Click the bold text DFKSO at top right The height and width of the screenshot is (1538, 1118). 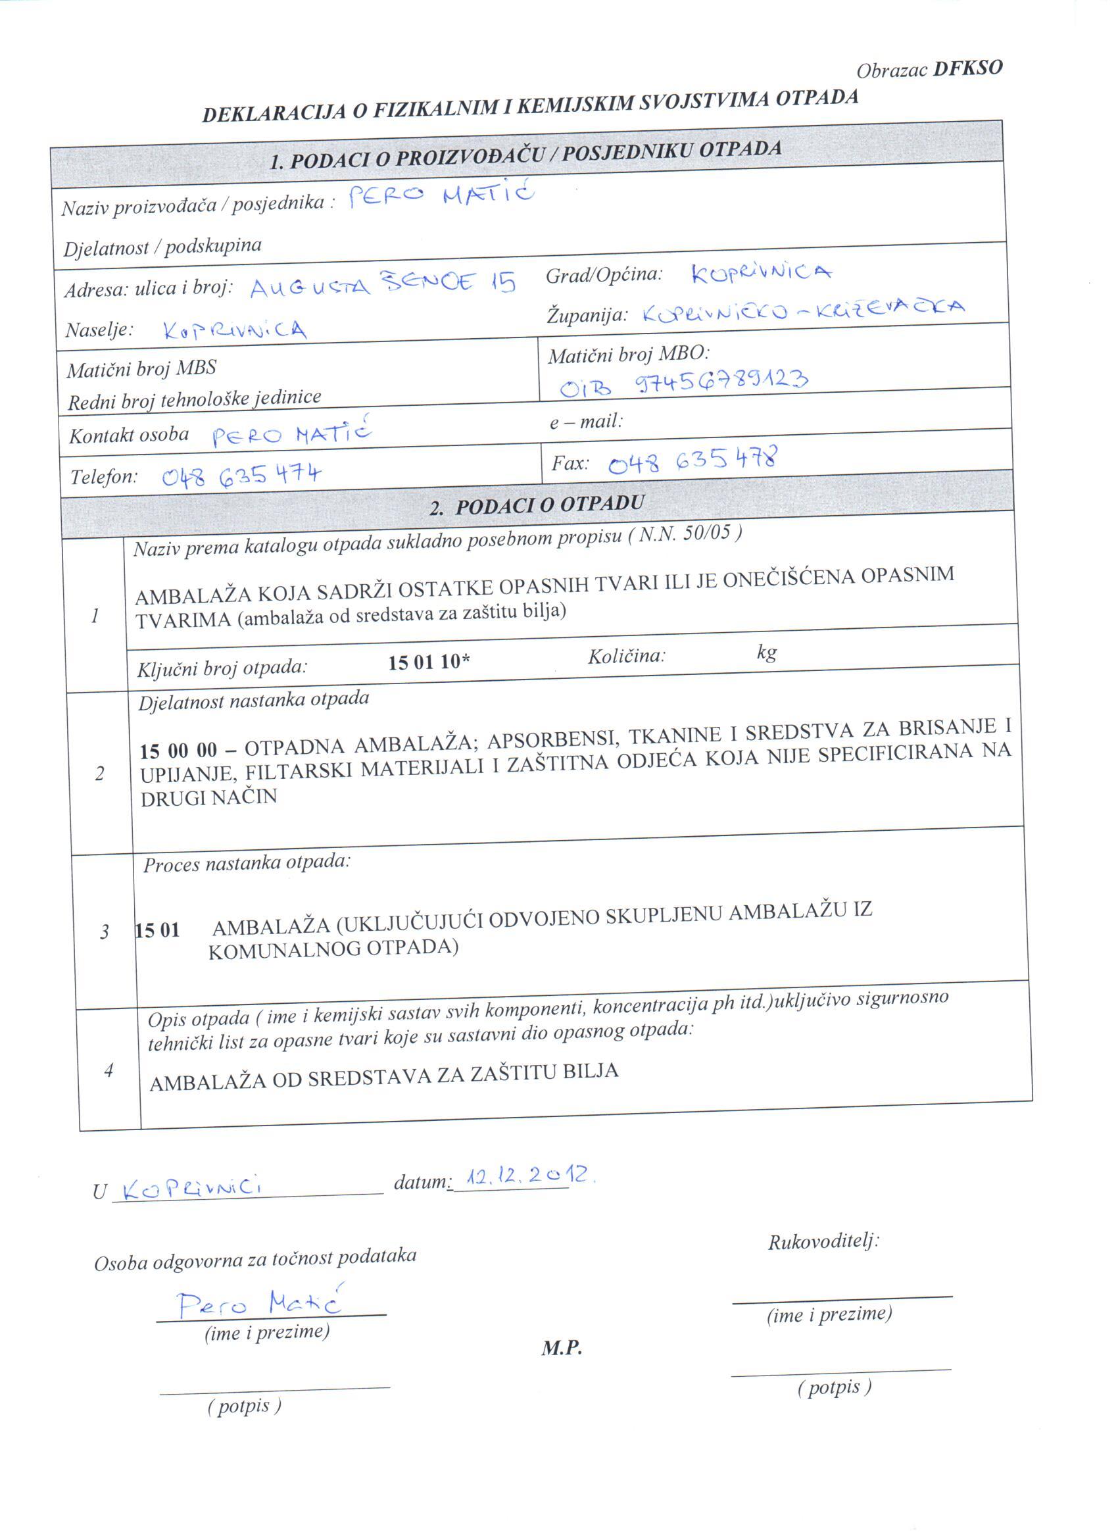967,68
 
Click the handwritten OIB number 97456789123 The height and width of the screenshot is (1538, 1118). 721,382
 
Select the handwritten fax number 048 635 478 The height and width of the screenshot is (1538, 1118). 693,460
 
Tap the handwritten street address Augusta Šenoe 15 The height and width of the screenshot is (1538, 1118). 382,284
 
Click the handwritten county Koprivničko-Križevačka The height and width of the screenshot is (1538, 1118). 803,310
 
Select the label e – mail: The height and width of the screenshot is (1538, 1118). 586,422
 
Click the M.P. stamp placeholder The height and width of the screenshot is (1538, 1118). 562,1347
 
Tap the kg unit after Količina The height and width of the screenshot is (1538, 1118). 766,653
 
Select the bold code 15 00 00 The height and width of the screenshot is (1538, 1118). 178,751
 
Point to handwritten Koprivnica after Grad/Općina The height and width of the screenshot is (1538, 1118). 761,272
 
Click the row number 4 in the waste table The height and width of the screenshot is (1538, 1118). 109,1070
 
